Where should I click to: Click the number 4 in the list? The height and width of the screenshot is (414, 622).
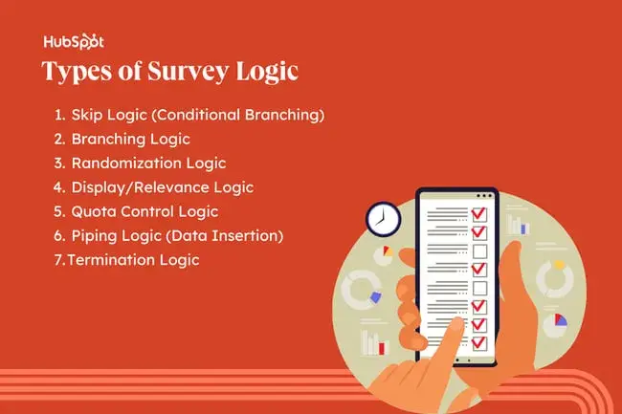(58, 187)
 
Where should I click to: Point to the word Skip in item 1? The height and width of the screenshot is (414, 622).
(88, 116)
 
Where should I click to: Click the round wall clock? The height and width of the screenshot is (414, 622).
(381, 218)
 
